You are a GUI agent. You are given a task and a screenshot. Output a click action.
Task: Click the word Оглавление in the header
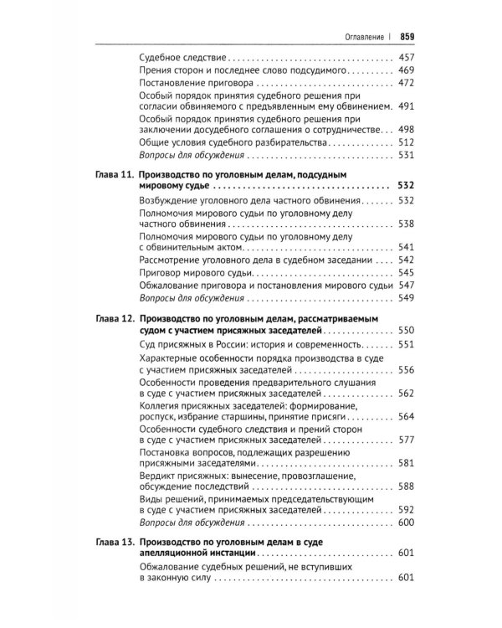[x=359, y=35]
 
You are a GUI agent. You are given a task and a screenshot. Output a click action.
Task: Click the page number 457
[x=407, y=59]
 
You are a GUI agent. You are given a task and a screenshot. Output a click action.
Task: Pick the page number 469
[x=407, y=72]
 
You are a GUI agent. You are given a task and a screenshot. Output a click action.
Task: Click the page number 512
[x=407, y=142]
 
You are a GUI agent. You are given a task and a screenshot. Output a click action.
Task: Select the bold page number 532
[x=407, y=188]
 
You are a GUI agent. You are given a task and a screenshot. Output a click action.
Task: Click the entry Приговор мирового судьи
[x=189, y=272]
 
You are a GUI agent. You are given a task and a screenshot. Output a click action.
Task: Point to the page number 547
[x=407, y=286]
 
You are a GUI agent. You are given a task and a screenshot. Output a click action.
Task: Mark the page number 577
[x=407, y=440]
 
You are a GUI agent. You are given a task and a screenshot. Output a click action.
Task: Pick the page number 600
[x=407, y=522]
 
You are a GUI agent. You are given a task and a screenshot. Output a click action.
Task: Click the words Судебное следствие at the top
[x=181, y=59]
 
